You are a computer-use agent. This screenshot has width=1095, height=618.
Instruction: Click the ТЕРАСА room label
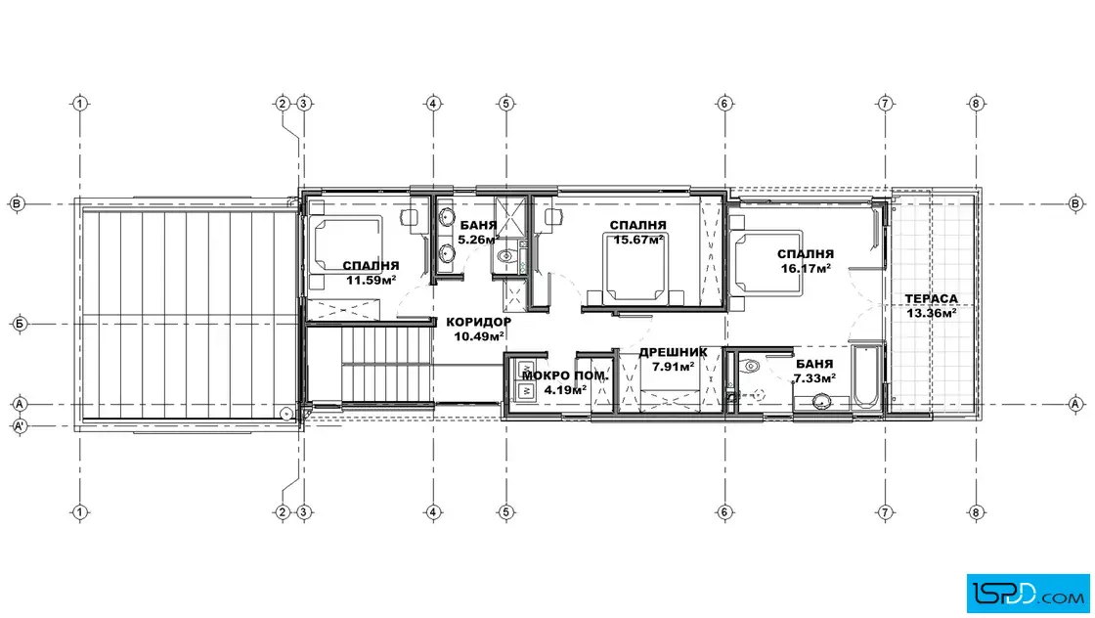(x=932, y=299)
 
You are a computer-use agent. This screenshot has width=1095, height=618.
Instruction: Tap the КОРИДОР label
(x=478, y=322)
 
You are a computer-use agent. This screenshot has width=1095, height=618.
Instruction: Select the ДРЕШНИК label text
(x=674, y=353)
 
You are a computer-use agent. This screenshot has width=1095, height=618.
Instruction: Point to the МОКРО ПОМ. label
(x=565, y=375)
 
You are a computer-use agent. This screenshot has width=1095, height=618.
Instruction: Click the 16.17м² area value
(x=806, y=268)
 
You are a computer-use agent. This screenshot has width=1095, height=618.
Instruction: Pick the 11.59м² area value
(x=371, y=280)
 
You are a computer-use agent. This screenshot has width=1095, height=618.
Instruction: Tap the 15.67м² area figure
(x=638, y=240)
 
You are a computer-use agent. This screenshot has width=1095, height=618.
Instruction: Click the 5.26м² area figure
(x=478, y=240)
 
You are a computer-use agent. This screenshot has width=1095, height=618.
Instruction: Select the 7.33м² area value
(x=814, y=378)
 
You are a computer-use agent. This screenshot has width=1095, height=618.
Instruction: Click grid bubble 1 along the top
(x=79, y=104)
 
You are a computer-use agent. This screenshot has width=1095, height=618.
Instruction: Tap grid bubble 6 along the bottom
(x=724, y=512)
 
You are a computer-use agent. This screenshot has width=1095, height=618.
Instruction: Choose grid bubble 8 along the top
(x=976, y=104)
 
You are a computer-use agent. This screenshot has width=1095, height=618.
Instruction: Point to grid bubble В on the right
(x=1075, y=204)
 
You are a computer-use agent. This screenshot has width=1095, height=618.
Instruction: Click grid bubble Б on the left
(x=20, y=324)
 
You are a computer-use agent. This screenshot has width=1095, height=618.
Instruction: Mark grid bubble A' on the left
(x=20, y=425)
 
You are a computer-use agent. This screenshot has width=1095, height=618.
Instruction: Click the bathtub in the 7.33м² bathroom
(x=866, y=375)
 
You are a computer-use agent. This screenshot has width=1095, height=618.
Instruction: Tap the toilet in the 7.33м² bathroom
(x=748, y=365)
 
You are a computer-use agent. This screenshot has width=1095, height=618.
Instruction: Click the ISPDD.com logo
(x=1028, y=594)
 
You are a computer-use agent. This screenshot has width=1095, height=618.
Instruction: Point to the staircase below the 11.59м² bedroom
(x=385, y=365)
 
